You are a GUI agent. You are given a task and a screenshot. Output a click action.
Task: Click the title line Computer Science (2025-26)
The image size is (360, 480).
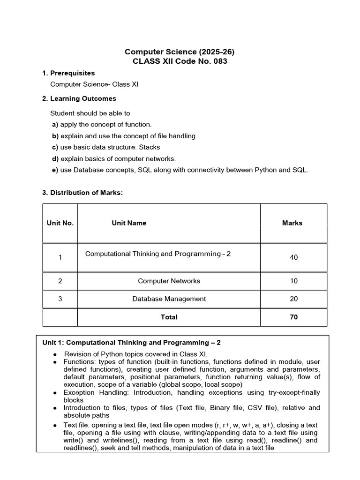click(x=176, y=52)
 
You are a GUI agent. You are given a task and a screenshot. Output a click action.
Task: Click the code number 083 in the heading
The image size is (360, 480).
click(x=219, y=62)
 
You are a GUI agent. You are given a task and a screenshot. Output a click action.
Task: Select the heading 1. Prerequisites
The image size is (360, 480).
click(x=68, y=73)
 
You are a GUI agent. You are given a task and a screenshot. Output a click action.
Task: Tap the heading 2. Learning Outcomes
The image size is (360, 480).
click(x=79, y=98)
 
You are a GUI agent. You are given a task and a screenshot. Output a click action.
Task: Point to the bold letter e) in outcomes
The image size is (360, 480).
click(x=55, y=170)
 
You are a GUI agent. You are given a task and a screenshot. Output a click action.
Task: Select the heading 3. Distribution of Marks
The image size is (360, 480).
click(x=82, y=193)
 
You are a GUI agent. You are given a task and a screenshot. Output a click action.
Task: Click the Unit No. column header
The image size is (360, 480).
click(x=60, y=223)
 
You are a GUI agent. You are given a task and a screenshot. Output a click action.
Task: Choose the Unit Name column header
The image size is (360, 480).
click(x=129, y=223)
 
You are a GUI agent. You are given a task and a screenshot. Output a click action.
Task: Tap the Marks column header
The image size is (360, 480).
click(x=292, y=223)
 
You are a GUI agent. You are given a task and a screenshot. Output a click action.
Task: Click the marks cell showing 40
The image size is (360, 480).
click(x=293, y=257)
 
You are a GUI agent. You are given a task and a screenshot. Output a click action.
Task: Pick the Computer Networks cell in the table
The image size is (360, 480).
click(x=169, y=281)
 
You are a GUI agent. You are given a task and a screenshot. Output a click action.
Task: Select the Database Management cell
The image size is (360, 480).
click(x=169, y=299)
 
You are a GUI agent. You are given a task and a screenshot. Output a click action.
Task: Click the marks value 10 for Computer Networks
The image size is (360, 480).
click(x=293, y=281)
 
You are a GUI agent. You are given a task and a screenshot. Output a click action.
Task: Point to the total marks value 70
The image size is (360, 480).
click(x=293, y=317)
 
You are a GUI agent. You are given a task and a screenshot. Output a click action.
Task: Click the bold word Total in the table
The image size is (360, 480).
click(x=169, y=317)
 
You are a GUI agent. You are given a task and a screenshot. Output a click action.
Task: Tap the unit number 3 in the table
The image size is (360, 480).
click(x=60, y=299)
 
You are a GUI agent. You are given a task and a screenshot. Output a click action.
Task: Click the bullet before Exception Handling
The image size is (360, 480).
click(x=55, y=393)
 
